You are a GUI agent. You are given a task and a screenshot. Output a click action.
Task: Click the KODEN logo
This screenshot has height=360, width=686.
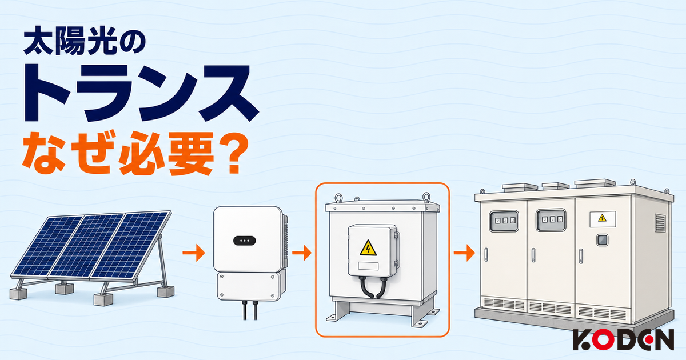(623, 339)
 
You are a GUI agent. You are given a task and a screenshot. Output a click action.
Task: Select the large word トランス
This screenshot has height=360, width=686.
(142, 93)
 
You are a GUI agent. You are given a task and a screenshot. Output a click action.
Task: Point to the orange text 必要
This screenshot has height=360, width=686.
(166, 153)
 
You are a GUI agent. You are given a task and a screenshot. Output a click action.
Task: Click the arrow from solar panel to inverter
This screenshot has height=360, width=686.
(194, 253)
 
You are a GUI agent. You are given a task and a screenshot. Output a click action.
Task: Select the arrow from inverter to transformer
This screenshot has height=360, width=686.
(302, 253)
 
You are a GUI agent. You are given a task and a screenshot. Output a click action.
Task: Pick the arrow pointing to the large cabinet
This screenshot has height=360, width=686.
(464, 253)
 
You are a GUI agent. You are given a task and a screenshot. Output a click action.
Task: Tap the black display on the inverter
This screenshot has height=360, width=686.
(245, 241)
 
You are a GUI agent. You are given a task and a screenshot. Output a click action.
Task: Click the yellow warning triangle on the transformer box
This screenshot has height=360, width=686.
(368, 248)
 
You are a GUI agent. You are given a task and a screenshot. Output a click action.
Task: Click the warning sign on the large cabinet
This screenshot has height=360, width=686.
(603, 218)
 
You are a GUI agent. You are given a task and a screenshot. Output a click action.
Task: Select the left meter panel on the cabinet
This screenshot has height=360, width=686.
(504, 221)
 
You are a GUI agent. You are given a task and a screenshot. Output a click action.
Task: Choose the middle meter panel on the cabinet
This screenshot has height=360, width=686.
(551, 220)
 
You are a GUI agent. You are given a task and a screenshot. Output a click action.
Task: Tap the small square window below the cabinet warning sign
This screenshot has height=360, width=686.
(603, 240)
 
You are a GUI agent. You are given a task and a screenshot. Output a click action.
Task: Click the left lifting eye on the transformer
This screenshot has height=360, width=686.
(338, 198)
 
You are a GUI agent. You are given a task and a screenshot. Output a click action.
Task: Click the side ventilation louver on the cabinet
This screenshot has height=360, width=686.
(660, 223)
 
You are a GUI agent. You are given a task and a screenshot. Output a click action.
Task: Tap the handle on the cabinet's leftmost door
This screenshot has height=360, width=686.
(486, 255)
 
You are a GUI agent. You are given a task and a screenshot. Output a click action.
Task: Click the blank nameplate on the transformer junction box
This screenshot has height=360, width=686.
(368, 266)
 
